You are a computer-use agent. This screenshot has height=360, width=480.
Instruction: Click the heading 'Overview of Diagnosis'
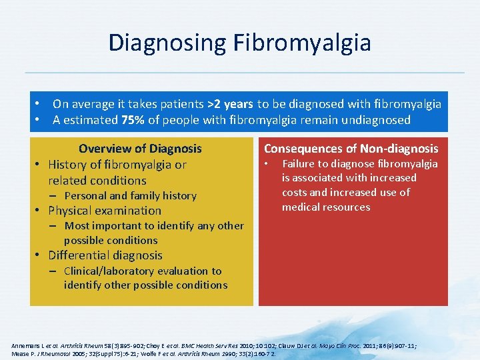[140, 149]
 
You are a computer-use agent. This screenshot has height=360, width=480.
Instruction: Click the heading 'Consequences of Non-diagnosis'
[351, 149]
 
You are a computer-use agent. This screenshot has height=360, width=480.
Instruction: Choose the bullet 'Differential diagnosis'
[105, 255]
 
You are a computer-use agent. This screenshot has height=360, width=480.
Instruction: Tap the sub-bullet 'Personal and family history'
[130, 196]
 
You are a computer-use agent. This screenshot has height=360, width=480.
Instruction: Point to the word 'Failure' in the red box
[300, 164]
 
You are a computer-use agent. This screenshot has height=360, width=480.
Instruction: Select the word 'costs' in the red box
[295, 193]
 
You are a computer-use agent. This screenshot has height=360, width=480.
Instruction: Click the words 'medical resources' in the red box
[326, 207]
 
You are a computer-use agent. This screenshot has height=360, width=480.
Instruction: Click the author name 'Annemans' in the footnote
[26, 346]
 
